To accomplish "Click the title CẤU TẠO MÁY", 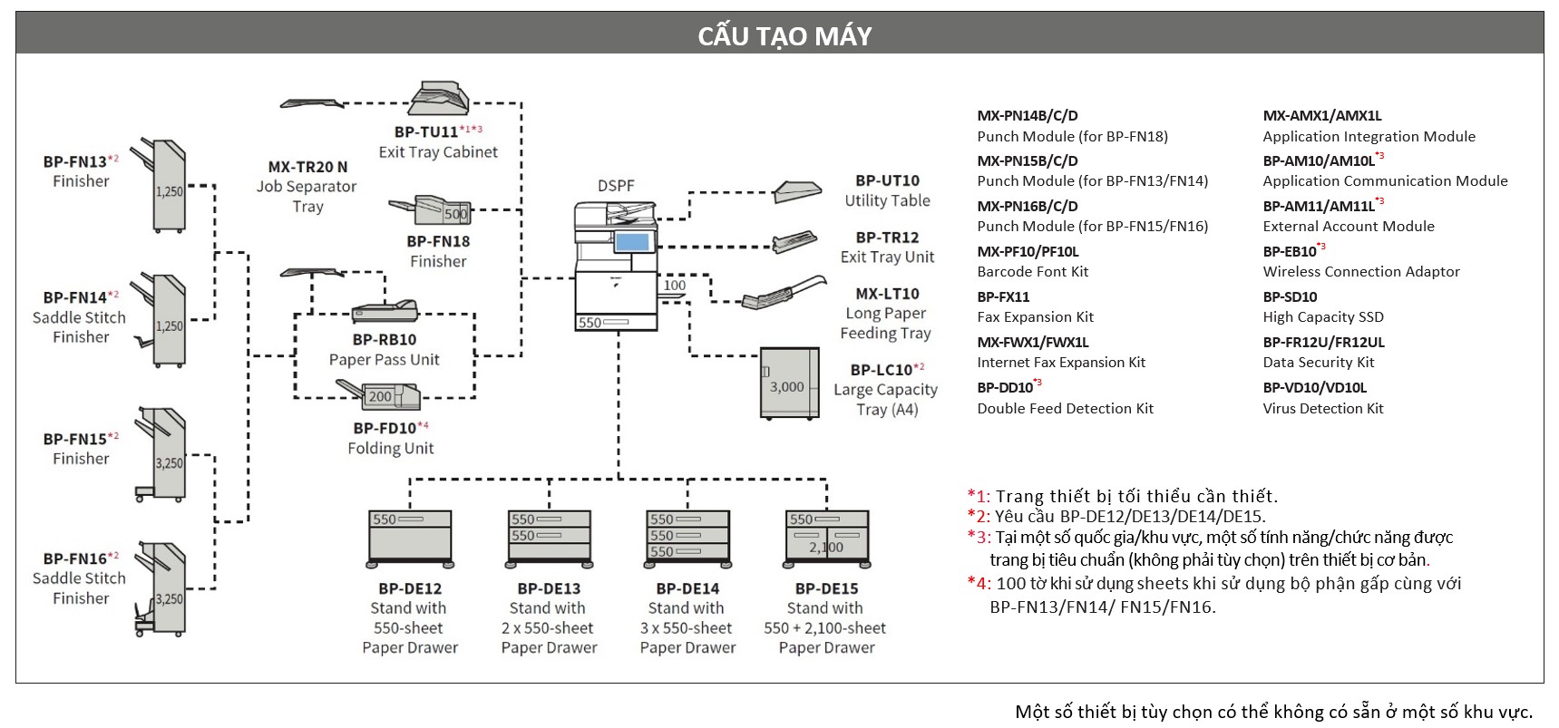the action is tap(784, 35).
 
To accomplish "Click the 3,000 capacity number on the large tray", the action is tap(787, 386).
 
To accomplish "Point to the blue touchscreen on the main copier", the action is tap(633, 242).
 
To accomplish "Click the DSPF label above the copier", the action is tap(616, 185).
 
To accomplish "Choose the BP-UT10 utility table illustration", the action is tap(798, 191).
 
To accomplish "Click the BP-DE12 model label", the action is tap(410, 588).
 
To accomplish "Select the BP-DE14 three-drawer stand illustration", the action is tap(687, 539).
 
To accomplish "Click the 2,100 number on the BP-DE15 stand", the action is tap(826, 547).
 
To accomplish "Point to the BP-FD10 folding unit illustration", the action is tap(379, 394).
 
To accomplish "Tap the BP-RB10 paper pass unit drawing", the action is tap(385, 311).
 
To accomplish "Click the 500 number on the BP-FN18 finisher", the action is tap(455, 214).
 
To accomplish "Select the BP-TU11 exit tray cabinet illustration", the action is tap(439, 98).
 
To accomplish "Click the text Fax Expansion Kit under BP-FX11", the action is tap(1035, 317).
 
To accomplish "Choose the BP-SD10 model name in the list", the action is tap(1290, 296).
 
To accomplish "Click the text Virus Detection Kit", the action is tap(1322, 408).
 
